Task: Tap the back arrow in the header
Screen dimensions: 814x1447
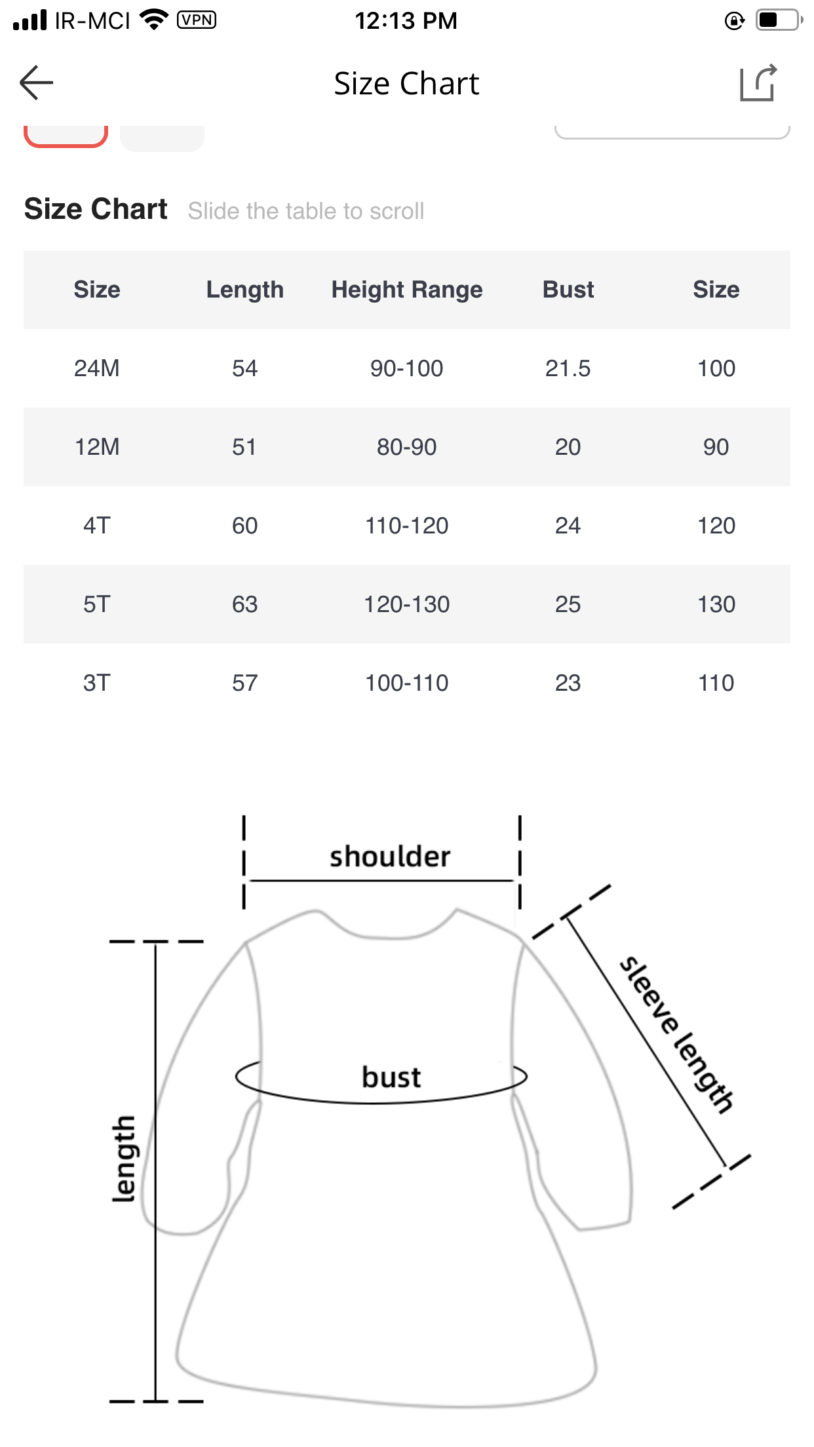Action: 36,83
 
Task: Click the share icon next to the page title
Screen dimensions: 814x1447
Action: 758,83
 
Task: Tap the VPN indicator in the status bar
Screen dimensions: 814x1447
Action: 197,20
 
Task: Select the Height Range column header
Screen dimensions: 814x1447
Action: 407,290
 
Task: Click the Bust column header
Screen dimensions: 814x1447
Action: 568,290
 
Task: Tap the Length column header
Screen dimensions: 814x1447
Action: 245,290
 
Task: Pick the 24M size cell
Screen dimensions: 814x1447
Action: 97,368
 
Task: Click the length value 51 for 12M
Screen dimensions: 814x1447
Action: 244,447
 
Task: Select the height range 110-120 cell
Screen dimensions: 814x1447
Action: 407,526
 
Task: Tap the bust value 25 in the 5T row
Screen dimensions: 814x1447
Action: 568,604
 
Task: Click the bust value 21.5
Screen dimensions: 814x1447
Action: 568,368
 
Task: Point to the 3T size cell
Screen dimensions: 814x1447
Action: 97,683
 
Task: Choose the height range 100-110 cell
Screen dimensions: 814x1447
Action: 407,683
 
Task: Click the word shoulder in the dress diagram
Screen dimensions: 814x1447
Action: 390,857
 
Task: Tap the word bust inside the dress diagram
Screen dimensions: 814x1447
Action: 391,1077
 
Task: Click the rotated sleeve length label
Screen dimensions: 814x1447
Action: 677,1035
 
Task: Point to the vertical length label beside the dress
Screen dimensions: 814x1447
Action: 124,1159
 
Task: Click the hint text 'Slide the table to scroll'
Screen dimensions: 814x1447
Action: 306,211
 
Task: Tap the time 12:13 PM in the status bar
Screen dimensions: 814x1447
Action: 406,20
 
